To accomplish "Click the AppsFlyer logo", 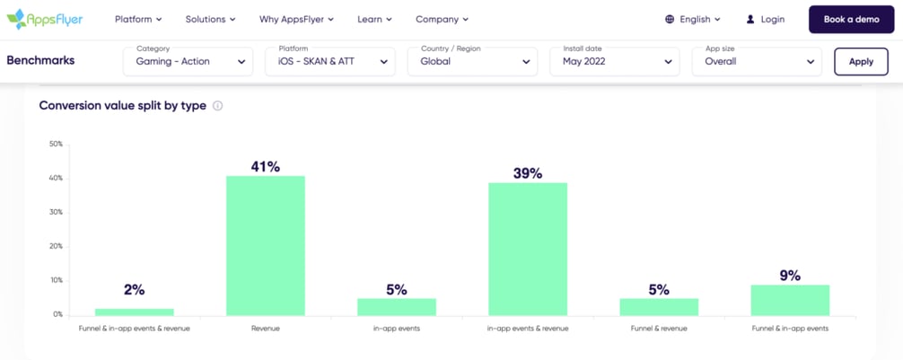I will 44,19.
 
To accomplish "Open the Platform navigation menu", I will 138,19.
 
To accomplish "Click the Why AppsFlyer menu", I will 296,19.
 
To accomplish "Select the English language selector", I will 693,19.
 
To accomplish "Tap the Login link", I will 765,19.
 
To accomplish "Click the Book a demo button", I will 851,19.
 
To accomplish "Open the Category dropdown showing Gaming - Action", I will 188,61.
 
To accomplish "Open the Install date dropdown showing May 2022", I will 615,61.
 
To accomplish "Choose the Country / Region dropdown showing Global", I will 473,61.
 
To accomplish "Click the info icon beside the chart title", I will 218,106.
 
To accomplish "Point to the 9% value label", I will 790,276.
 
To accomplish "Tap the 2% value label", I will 135,290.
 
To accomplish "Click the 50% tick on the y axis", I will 56,144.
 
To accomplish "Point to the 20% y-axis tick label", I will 56,246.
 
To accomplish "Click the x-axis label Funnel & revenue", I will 659,329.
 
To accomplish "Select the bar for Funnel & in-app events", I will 790,300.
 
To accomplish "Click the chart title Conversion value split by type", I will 123,106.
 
